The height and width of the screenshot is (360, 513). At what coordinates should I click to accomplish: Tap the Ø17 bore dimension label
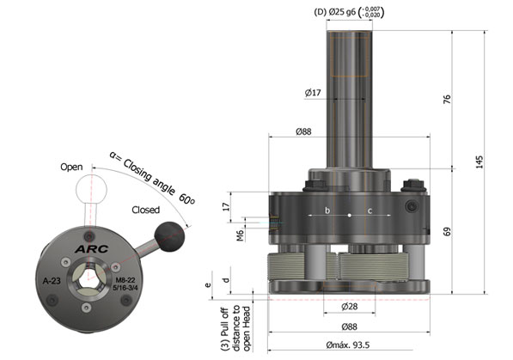[x=314, y=93]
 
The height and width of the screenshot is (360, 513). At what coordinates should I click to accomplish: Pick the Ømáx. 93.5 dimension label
[x=351, y=346]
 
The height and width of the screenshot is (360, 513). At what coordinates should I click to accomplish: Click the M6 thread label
[x=241, y=233]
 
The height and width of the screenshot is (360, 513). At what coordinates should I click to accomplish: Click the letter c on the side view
[x=369, y=211]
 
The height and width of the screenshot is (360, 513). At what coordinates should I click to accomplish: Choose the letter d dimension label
[x=224, y=279]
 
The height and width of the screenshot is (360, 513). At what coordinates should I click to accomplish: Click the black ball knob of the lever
[x=170, y=233]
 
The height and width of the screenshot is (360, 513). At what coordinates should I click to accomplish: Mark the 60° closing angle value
[x=186, y=198]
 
